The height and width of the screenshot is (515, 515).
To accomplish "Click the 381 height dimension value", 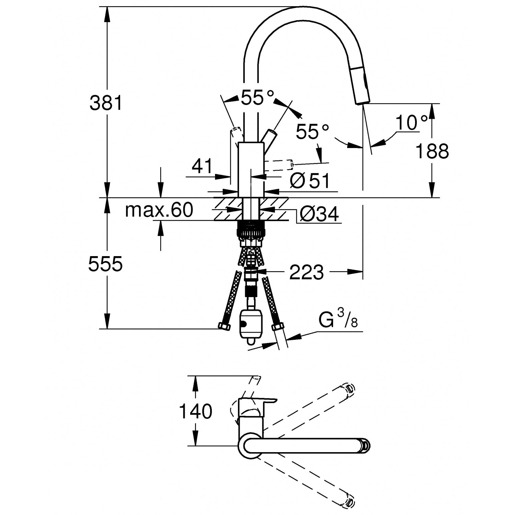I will pyautogui.click(x=106, y=103).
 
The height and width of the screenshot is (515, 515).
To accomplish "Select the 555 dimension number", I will pyautogui.click(x=105, y=264).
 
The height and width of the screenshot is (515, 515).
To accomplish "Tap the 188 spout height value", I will pyautogui.click(x=432, y=151).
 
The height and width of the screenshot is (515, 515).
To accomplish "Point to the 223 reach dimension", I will pyautogui.click(x=306, y=272).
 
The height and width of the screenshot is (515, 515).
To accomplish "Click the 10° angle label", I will pyautogui.click(x=411, y=123).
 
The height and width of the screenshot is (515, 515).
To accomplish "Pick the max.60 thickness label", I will pyautogui.click(x=159, y=210).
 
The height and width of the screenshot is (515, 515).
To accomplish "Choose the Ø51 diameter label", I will pyautogui.click(x=309, y=181).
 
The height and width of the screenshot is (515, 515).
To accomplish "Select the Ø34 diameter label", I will pyautogui.click(x=319, y=214).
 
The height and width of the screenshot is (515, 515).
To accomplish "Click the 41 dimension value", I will pyautogui.click(x=202, y=167).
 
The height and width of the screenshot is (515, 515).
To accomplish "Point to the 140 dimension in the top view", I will pyautogui.click(x=196, y=411).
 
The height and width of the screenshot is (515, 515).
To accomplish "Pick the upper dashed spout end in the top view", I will pyautogui.click(x=348, y=389).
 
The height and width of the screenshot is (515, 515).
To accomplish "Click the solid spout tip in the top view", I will pyautogui.click(x=365, y=446).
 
